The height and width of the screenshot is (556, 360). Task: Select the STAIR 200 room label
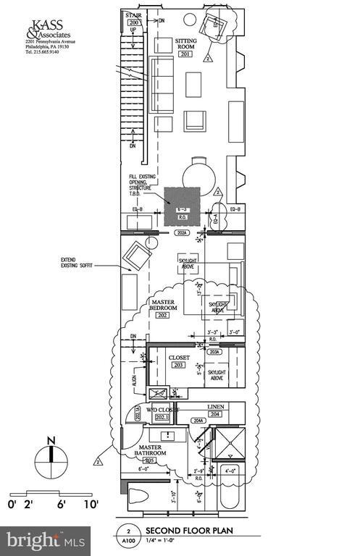click(x=133, y=19)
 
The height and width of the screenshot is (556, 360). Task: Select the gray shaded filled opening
click(x=182, y=206)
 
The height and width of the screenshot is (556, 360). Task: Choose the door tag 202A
click(x=183, y=233)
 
